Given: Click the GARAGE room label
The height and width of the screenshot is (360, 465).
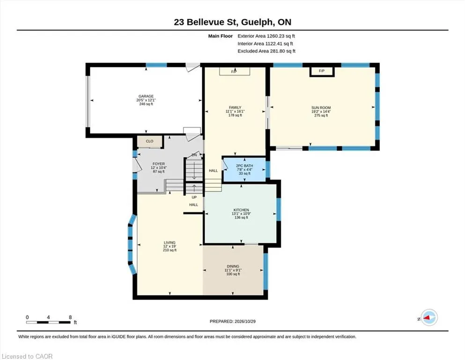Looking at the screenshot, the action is (146, 96).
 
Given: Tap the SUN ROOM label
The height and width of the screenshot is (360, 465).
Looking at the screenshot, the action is (321, 108).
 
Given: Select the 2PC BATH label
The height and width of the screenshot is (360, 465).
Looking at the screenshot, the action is (244, 166).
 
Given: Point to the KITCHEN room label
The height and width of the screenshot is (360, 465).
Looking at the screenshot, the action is (241, 210).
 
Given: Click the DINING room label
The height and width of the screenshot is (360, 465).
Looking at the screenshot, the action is (233, 267).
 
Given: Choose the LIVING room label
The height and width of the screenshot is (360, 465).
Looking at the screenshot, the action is (170, 242).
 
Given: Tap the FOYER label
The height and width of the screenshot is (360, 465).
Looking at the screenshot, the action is (159, 164).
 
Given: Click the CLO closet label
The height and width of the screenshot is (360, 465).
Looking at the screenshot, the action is (149, 141).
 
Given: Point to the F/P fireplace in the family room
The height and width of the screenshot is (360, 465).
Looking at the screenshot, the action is (234, 71).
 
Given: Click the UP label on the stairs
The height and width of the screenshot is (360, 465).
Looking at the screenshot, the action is (194, 197).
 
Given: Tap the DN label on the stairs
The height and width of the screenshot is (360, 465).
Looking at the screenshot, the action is (194, 155).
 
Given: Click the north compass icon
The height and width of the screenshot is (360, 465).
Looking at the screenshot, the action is (429, 317).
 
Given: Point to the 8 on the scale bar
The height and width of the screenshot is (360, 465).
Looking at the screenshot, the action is (70, 317).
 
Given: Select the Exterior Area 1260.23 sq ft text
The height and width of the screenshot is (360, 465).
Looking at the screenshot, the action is (266, 36).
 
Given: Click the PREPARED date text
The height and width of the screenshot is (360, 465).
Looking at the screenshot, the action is (232, 321).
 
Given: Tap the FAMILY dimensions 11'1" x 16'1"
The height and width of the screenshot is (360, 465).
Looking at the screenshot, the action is (235, 111).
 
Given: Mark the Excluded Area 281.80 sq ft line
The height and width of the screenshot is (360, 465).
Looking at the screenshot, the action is (266, 51).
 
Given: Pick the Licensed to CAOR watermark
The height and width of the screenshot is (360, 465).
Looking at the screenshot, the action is (27, 356).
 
